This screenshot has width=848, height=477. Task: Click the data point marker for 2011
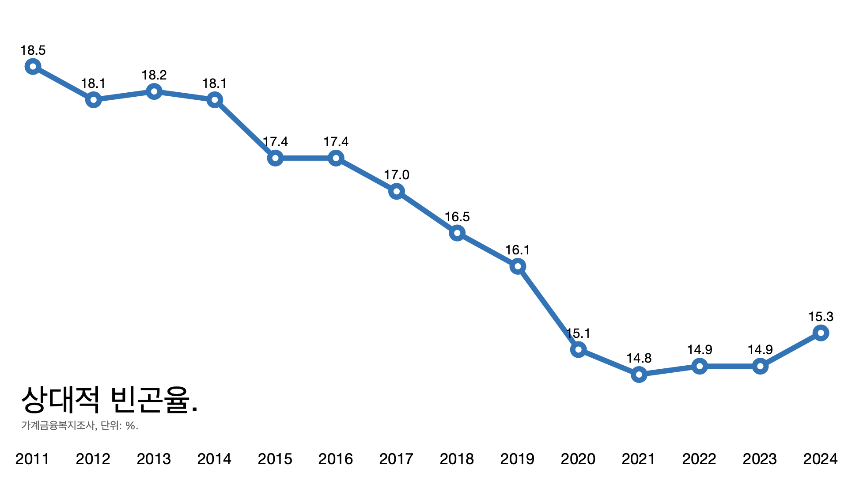pos(33,67)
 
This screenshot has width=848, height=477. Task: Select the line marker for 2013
pos(154,91)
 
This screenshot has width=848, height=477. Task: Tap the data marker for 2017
pos(396,191)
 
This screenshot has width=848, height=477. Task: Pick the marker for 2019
pos(518,266)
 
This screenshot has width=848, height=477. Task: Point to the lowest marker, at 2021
pos(639,375)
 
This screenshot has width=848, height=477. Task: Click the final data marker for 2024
pos(821,333)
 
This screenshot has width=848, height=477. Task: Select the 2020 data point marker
pos(578,349)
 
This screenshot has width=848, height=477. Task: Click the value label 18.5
pos(33,50)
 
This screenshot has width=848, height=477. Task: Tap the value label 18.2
pos(154,75)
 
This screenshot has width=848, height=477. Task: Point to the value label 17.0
pos(396,175)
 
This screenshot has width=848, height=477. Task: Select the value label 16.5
pos(457,217)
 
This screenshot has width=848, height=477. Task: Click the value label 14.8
pos(639,358)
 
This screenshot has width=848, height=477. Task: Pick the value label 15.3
pos(821,317)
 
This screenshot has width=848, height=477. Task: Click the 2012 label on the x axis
pos(93,459)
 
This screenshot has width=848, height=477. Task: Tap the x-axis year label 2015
pos(275,459)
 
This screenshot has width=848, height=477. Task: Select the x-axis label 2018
pos(457,459)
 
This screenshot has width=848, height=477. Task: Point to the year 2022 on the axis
pos(699,459)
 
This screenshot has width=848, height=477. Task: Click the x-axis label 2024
pos(820,459)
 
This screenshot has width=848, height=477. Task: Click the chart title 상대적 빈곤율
pos(110,399)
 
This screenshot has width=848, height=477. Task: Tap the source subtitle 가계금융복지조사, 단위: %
pos(80,425)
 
